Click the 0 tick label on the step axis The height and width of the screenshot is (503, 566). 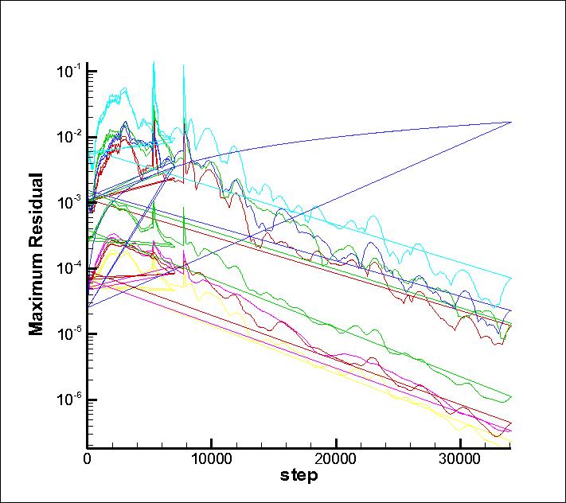click(x=87, y=459)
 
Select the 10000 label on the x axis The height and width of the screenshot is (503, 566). click(x=211, y=459)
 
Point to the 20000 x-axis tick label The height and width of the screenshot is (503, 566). click(x=336, y=459)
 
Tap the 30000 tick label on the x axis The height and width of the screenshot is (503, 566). click(x=461, y=459)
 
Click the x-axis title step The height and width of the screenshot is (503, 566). click(x=299, y=476)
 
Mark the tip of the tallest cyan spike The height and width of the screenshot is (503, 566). click(x=154, y=62)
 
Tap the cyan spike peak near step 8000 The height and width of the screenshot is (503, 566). click(x=184, y=65)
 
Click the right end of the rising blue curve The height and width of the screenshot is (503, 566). click(x=510, y=122)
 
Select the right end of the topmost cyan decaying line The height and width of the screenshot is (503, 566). click(x=510, y=277)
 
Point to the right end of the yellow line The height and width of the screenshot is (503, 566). click(x=510, y=441)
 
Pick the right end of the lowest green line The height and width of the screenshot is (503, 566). click(x=510, y=396)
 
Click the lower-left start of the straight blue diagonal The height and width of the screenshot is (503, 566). click(x=88, y=306)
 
